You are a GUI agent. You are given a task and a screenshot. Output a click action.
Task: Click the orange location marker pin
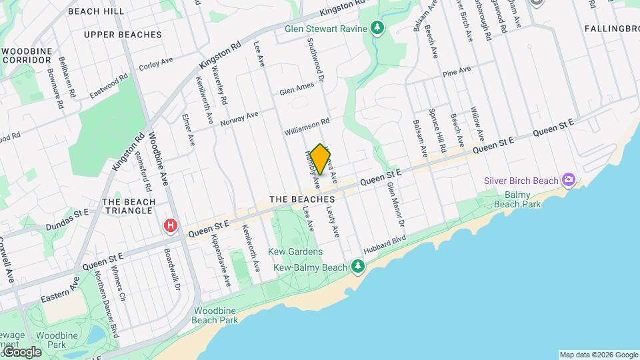321,159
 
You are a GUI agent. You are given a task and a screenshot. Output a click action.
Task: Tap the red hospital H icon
171,227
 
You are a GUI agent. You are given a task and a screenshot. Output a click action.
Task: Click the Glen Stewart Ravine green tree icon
379,29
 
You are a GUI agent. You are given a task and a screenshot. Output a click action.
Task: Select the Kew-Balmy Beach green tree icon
359,267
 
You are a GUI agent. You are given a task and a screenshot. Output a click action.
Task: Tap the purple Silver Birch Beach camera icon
568,180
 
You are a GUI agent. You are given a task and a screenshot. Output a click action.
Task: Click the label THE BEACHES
302,199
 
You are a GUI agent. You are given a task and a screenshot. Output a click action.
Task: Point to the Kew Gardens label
295,251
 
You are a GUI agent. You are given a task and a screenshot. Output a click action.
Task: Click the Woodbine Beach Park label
216,315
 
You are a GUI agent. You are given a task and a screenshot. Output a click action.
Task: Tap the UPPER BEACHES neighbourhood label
123,35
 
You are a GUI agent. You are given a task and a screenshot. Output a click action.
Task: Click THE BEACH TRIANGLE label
129,207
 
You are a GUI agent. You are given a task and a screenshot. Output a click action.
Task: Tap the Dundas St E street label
67,220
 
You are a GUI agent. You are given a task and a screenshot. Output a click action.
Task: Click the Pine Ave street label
457,70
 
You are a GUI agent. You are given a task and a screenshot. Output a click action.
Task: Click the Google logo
21,351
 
